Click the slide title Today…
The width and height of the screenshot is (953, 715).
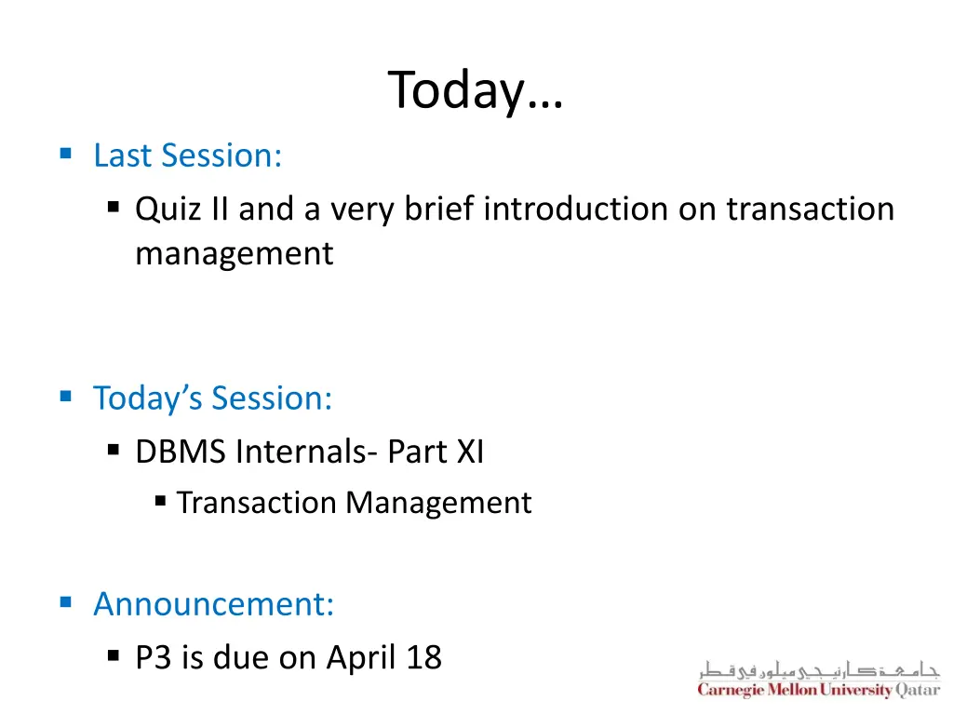(x=476, y=91)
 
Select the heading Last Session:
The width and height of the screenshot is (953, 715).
(x=187, y=155)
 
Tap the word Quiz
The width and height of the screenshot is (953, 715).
(x=163, y=209)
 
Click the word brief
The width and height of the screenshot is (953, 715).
(x=440, y=209)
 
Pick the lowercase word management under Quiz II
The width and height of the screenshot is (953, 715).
(x=234, y=252)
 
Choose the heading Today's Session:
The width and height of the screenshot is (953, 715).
(x=212, y=398)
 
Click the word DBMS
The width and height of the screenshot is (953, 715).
(x=181, y=452)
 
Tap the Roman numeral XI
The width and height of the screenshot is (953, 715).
(x=467, y=452)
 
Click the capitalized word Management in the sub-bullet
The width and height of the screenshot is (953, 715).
(x=438, y=503)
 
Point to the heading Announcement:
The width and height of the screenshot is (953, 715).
(x=213, y=604)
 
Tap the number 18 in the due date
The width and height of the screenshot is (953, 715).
(x=423, y=658)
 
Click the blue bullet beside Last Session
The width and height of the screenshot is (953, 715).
(x=65, y=154)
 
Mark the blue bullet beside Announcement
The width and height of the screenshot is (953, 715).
(x=65, y=602)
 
